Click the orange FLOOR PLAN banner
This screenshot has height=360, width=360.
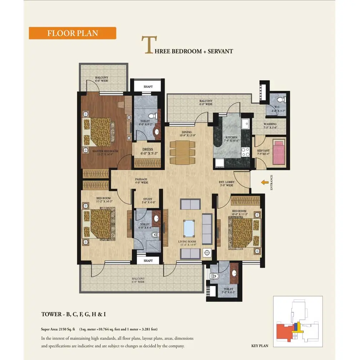pos(72,33)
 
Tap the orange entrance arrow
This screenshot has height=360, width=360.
pos(264,182)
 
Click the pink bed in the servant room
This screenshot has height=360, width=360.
pos(279,152)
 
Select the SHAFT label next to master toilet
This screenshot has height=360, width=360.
pos(148,87)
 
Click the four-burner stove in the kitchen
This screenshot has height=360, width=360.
pos(246,152)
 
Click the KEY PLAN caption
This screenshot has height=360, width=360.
pos(260,346)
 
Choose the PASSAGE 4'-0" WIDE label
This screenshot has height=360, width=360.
pos(141,181)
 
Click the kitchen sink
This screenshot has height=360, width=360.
pos(245,124)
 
